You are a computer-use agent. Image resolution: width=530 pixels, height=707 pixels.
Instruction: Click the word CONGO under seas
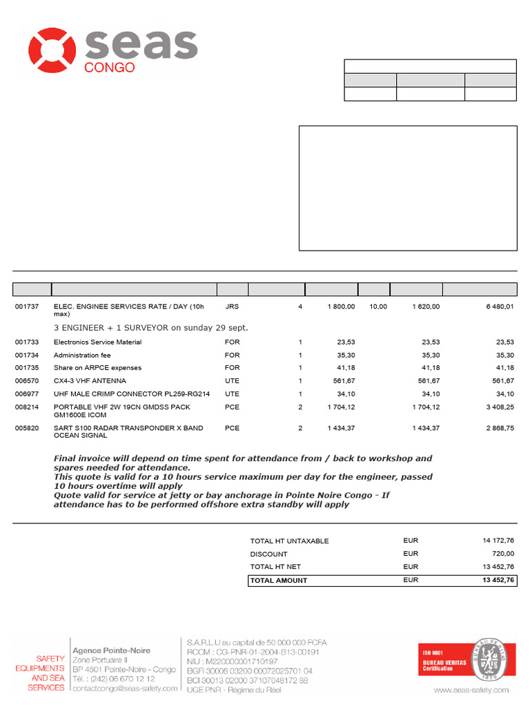(x=109, y=68)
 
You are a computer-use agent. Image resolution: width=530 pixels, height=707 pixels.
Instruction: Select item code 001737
(x=28, y=307)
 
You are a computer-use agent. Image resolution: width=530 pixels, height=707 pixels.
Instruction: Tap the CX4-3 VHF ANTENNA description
(x=90, y=380)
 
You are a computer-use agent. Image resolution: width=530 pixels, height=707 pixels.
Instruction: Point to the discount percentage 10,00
(x=378, y=307)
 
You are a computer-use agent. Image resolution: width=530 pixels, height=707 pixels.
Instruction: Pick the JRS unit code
(x=231, y=307)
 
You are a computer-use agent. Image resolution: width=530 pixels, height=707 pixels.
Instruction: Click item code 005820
(x=28, y=428)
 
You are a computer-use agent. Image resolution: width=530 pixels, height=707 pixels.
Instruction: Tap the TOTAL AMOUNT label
(x=279, y=581)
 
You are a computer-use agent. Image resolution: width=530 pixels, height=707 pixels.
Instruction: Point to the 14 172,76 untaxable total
(x=498, y=541)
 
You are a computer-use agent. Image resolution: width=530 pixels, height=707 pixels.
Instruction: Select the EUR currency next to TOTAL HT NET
(x=411, y=567)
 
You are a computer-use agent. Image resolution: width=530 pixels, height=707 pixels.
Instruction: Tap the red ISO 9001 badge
(x=444, y=659)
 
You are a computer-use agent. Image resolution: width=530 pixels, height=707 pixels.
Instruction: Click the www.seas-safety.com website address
(x=471, y=690)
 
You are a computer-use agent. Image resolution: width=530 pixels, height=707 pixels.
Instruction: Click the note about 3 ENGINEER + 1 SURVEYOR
(x=150, y=327)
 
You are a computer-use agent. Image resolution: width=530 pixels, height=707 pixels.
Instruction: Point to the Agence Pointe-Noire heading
(x=111, y=650)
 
